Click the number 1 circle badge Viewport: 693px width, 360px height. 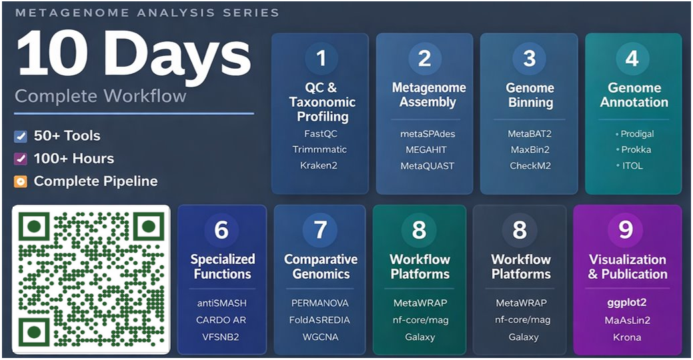click(x=321, y=59)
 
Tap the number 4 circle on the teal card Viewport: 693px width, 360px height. click(x=632, y=59)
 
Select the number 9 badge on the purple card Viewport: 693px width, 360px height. click(x=626, y=230)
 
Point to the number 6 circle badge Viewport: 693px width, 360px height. click(x=221, y=230)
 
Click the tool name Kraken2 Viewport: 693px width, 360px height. click(x=319, y=165)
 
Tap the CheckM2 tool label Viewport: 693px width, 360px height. click(x=530, y=165)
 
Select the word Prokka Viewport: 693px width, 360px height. click(x=636, y=149)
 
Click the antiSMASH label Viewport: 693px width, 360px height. click(x=221, y=303)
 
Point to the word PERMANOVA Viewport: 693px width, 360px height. click(x=320, y=303)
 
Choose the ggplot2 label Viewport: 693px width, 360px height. click(x=627, y=303)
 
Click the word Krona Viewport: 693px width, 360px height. click(x=627, y=337)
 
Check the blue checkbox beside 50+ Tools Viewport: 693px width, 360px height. click(x=21, y=137)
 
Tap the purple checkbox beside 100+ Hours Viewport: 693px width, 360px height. click(x=21, y=159)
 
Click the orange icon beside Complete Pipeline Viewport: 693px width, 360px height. click(x=21, y=181)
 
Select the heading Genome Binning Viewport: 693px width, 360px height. click(x=530, y=95)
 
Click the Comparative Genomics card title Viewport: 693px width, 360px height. click(x=321, y=267)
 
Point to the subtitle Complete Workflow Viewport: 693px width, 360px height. click(x=101, y=96)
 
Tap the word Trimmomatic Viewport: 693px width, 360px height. click(x=319, y=149)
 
